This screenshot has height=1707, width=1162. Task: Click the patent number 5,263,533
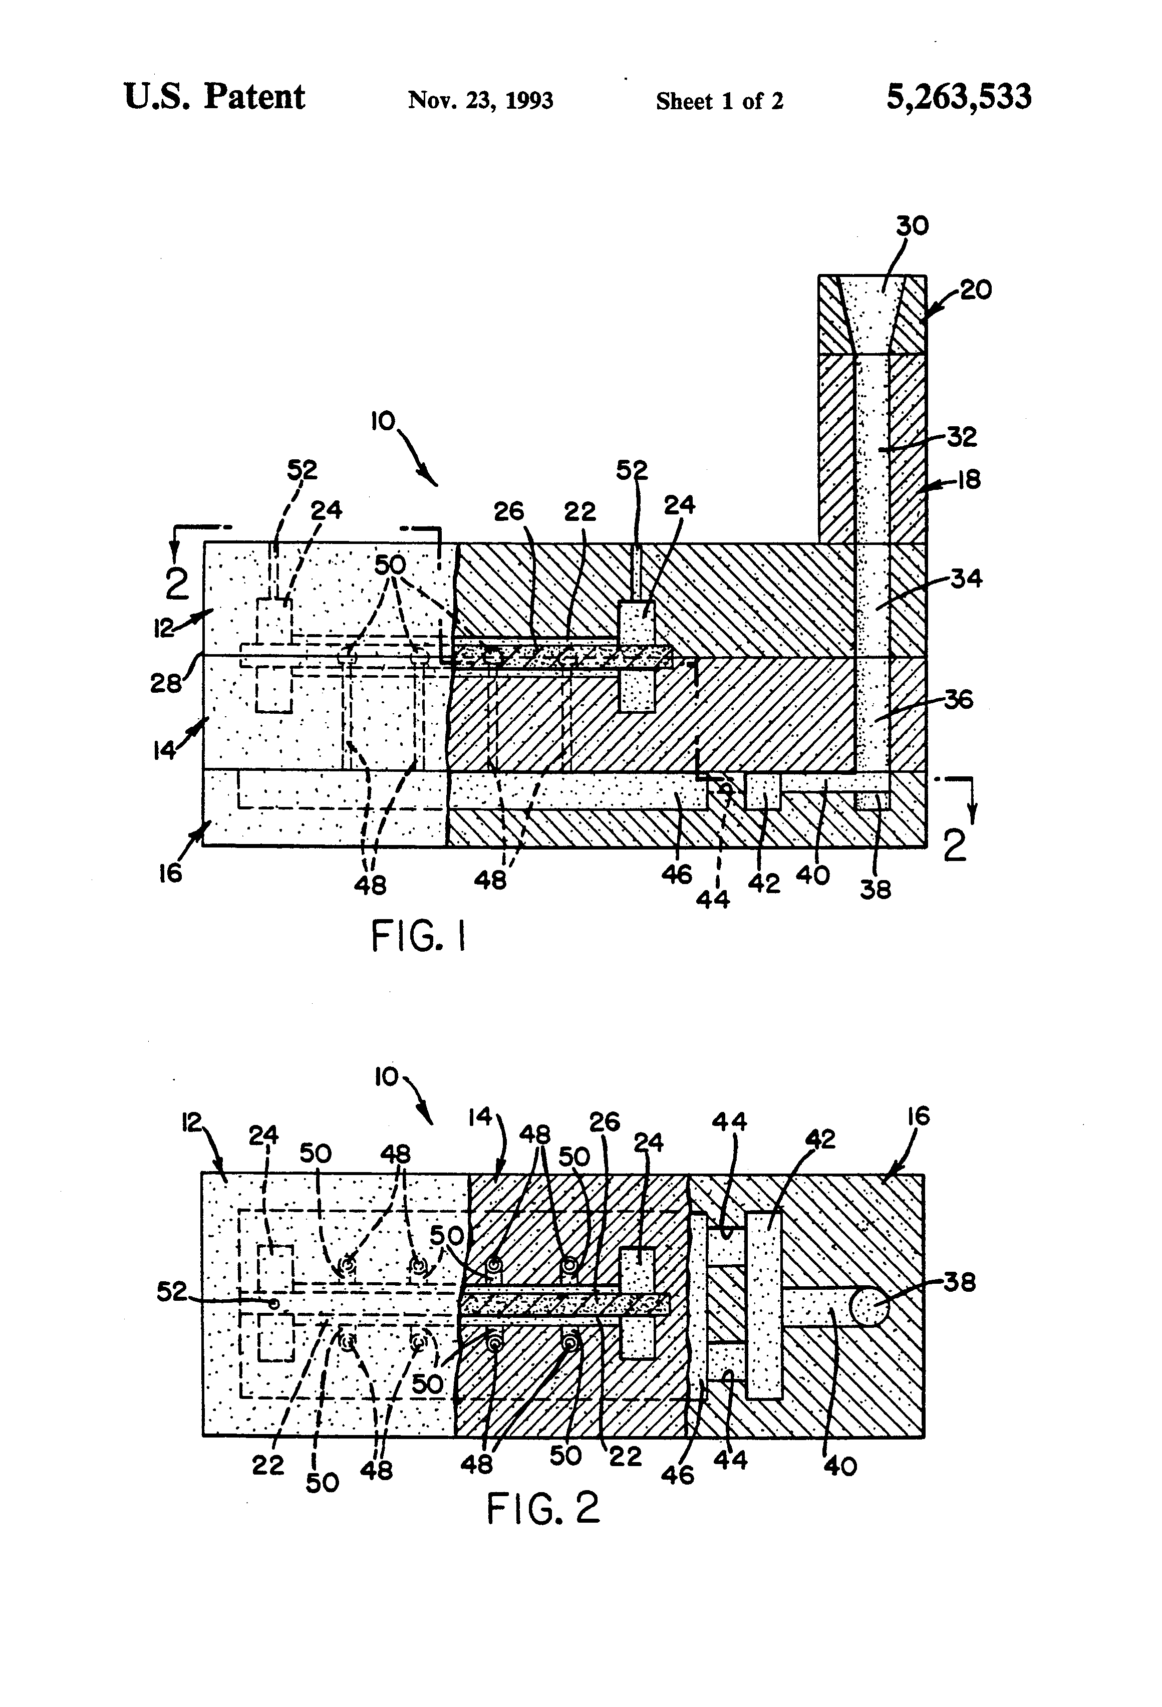point(959,97)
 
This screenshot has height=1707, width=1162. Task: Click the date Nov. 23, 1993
point(480,100)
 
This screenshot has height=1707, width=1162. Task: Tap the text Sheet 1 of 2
point(720,101)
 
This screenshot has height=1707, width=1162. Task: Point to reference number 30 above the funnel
point(912,225)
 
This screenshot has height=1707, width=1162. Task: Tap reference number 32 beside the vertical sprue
point(962,436)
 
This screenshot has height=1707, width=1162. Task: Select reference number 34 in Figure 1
point(967,579)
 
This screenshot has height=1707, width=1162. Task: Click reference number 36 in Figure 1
point(959,699)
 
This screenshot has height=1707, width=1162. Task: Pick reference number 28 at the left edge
point(166,683)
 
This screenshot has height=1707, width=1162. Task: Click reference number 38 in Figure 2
point(959,1282)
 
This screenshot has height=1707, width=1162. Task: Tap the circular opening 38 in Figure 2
point(869,1307)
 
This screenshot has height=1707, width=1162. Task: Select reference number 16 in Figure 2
point(918,1116)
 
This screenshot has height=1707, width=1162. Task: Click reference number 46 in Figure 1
point(677,874)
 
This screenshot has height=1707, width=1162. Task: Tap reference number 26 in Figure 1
point(509,511)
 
